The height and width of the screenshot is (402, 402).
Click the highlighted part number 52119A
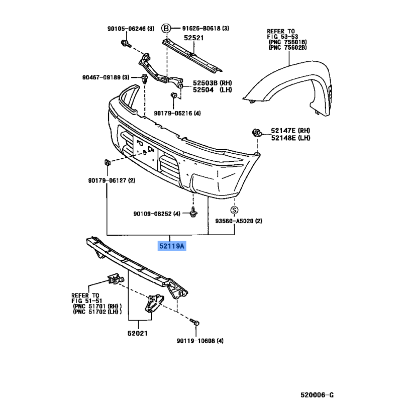coord(172,246)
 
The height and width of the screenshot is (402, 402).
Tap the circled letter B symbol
coord(166,28)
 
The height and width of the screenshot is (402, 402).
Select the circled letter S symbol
coord(234,210)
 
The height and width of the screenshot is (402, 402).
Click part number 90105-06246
coord(127,29)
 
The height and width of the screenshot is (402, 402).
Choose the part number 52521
coord(194,38)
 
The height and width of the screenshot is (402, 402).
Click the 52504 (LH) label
coord(213,90)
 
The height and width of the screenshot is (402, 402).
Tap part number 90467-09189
coord(102,77)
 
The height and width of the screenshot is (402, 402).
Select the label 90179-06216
coord(173,113)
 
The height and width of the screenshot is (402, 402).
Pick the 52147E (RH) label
coord(290,131)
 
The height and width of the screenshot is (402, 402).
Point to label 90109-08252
coord(153,214)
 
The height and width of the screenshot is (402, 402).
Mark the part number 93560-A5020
coord(234,221)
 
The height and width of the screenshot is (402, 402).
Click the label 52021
coord(138,334)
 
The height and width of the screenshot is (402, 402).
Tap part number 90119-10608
coord(196,341)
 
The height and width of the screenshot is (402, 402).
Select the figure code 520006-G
coord(318,395)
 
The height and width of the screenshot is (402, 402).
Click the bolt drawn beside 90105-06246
coord(126,44)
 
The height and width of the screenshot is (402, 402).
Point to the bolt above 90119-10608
coord(195,322)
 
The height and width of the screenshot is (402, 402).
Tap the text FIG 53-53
coord(282,37)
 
